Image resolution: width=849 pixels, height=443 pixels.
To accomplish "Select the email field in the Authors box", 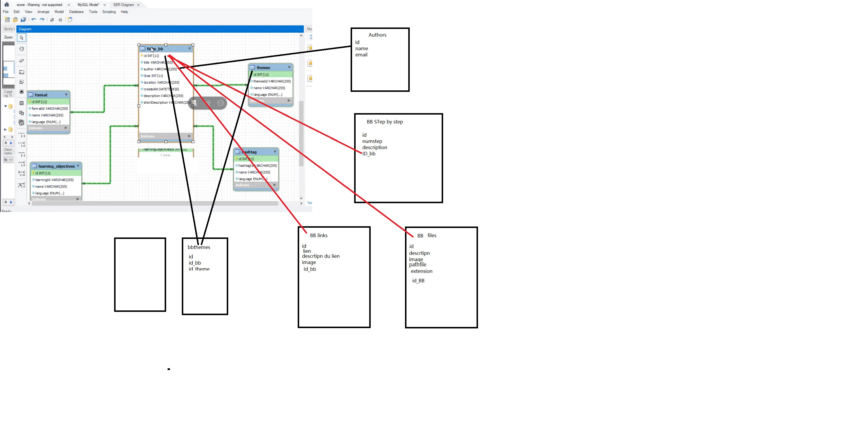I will (361, 55).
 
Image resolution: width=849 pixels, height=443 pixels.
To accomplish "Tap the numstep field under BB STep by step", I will (372, 141).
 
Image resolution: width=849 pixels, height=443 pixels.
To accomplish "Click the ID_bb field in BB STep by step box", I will (369, 154).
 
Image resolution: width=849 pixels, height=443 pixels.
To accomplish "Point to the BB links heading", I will (318, 235).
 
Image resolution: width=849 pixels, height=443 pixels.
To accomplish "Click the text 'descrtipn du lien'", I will (321, 256).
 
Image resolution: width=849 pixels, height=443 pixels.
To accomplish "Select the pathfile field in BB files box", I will (418, 265).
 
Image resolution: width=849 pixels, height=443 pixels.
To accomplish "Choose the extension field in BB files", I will (422, 271).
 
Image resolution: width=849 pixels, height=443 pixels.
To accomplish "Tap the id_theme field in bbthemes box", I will (199, 269).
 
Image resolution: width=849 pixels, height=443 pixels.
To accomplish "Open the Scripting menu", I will (109, 12).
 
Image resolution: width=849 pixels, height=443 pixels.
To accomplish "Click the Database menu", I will (76, 12).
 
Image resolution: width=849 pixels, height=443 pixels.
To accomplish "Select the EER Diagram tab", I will (124, 5).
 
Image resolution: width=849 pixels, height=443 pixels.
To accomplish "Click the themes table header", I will (263, 68).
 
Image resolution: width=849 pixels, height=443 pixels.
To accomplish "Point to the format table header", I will (41, 95).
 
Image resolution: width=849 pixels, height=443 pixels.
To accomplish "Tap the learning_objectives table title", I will (56, 166).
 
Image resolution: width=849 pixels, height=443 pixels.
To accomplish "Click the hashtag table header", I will (249, 152).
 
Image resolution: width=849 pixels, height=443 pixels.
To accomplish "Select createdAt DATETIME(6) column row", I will (161, 89).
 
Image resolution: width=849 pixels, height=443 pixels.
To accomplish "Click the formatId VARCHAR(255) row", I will (49, 109).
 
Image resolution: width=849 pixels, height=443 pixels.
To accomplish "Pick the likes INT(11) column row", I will (153, 76).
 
